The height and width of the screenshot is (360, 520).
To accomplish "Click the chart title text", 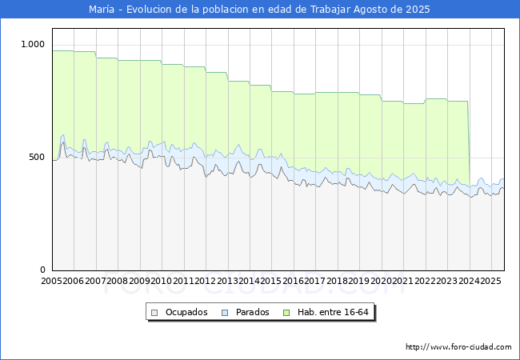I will coord(259,10).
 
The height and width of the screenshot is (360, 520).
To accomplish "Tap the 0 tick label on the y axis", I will coord(44,270).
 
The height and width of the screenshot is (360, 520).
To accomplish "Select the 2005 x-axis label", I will coord(52,282).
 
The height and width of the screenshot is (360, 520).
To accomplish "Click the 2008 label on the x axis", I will coord(118,282).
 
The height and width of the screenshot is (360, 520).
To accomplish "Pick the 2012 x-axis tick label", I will coord(206,282).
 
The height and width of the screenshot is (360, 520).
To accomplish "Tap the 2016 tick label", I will coord(294,282).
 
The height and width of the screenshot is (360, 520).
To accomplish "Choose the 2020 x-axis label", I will coord(381,282).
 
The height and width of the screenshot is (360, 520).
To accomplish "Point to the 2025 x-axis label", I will coord(490,282).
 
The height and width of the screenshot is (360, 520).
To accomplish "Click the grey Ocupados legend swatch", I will coord(155,313).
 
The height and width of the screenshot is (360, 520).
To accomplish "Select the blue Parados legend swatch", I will coord(226,313).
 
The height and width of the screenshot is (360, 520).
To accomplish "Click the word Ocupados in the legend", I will coord(186,313).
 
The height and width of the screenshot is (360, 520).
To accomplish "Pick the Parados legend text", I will coord(253,313).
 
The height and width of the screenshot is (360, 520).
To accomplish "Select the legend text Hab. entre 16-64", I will coord(332,313).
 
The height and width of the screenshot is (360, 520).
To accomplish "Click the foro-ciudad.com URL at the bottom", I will coord(458,347).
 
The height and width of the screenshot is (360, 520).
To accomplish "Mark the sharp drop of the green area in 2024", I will coord(469,144).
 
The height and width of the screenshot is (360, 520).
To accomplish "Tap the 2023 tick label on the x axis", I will coord(446,282).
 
